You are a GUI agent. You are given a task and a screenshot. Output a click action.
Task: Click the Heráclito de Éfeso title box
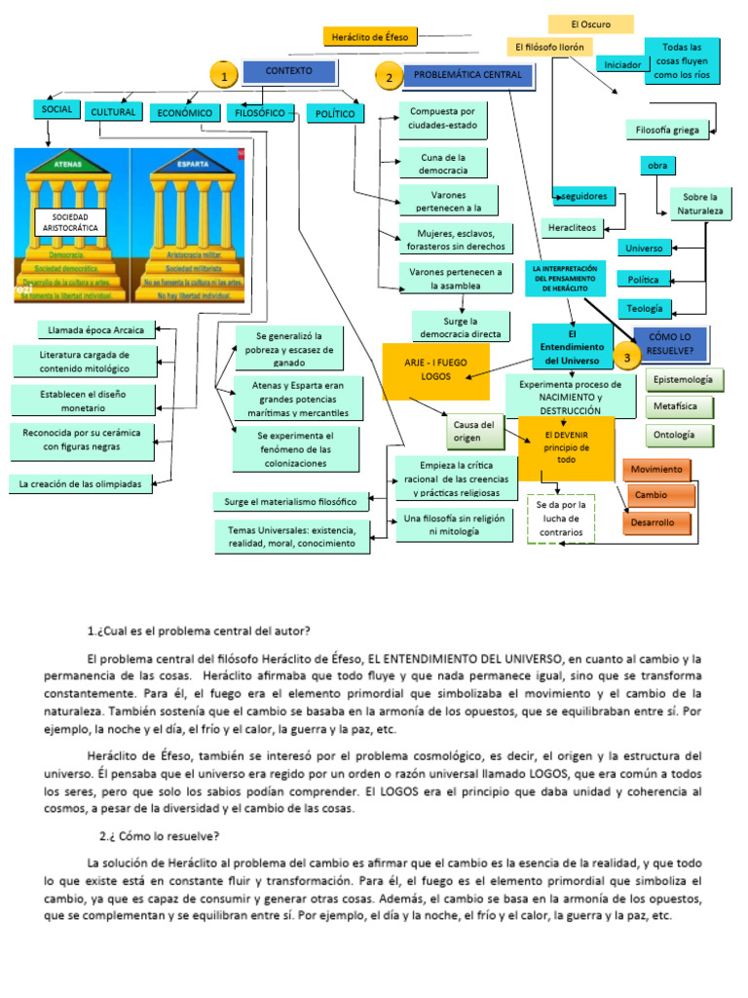point(370,37)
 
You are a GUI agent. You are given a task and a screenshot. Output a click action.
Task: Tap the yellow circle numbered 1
point(224,76)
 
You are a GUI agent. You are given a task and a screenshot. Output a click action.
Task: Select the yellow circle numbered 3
point(626,358)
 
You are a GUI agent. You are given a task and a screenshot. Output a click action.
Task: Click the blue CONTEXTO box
point(289,71)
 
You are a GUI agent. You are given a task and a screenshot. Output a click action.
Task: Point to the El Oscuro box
point(590,24)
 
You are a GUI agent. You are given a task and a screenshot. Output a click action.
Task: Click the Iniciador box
point(622,64)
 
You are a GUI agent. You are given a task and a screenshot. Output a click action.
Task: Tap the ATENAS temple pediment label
point(67,166)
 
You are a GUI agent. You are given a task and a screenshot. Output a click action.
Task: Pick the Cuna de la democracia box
point(443,163)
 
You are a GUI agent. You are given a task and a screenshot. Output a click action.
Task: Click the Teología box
point(644,308)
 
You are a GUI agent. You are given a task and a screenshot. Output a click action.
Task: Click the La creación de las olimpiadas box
point(81,482)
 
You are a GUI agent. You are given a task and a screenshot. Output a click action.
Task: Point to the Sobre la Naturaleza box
point(698,202)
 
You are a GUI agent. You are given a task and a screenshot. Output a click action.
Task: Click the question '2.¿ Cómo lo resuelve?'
point(160,836)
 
